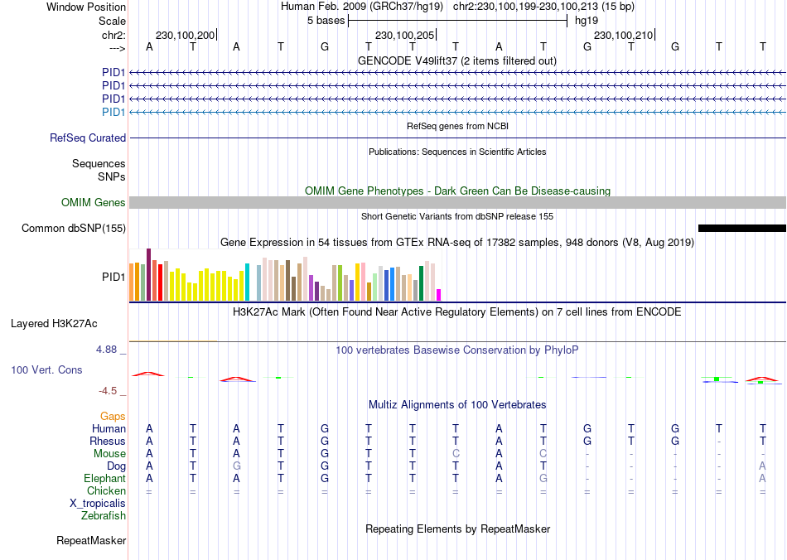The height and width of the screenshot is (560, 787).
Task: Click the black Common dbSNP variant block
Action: pos(741,228)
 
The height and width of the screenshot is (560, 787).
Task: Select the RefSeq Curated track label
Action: pos(88,138)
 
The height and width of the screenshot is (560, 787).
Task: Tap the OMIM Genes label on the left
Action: pos(94,203)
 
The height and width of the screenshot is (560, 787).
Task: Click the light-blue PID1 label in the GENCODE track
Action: pos(113,113)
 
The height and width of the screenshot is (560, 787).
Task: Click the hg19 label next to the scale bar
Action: pos(587,21)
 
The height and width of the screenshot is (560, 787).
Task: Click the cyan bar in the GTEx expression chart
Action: pos(247,282)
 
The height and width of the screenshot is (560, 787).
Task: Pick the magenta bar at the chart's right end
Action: pos(438,294)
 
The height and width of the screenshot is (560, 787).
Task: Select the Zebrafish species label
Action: pos(104,516)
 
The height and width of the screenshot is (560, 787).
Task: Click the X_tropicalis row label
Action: pos(98,504)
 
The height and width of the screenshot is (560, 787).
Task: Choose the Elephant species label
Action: pos(104,479)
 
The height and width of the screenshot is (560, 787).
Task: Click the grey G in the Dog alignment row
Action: pos(237,466)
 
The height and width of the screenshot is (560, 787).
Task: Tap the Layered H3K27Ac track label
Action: pos(59,323)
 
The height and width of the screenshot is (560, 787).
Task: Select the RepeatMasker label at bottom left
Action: pos(91,541)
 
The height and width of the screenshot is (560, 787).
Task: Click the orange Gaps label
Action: pos(113,417)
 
